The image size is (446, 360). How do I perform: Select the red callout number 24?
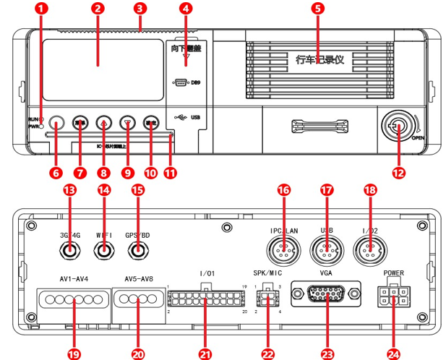pyautogui.click(x=393, y=353)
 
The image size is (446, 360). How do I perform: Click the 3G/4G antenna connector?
pyautogui.click(x=70, y=252)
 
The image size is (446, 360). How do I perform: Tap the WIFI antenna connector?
pyautogui.click(x=105, y=252)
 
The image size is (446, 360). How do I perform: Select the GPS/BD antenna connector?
pyautogui.click(x=138, y=252)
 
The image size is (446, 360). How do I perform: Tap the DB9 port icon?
pyautogui.click(x=180, y=83)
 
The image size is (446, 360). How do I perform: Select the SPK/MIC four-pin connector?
pyautogui.click(x=267, y=297)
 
